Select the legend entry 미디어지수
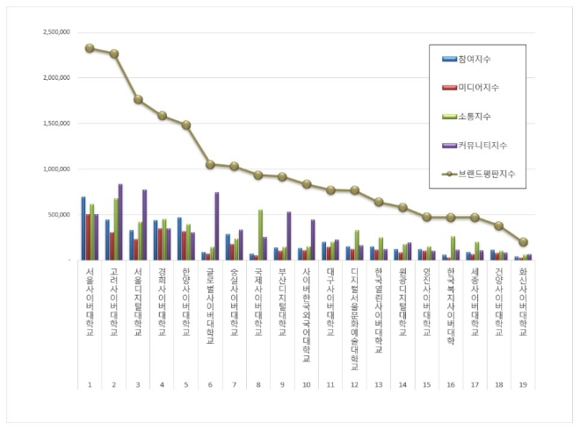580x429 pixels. point(480,87)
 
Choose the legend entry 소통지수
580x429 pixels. point(475,116)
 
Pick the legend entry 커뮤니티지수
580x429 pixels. point(483,145)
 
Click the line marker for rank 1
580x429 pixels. point(90,48)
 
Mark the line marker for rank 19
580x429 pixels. point(523,242)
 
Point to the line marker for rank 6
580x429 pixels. point(210,164)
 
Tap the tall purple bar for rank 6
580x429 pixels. point(216,225)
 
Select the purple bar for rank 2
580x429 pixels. point(120,221)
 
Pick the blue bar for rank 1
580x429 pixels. point(83,228)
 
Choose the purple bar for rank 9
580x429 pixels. point(288,235)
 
